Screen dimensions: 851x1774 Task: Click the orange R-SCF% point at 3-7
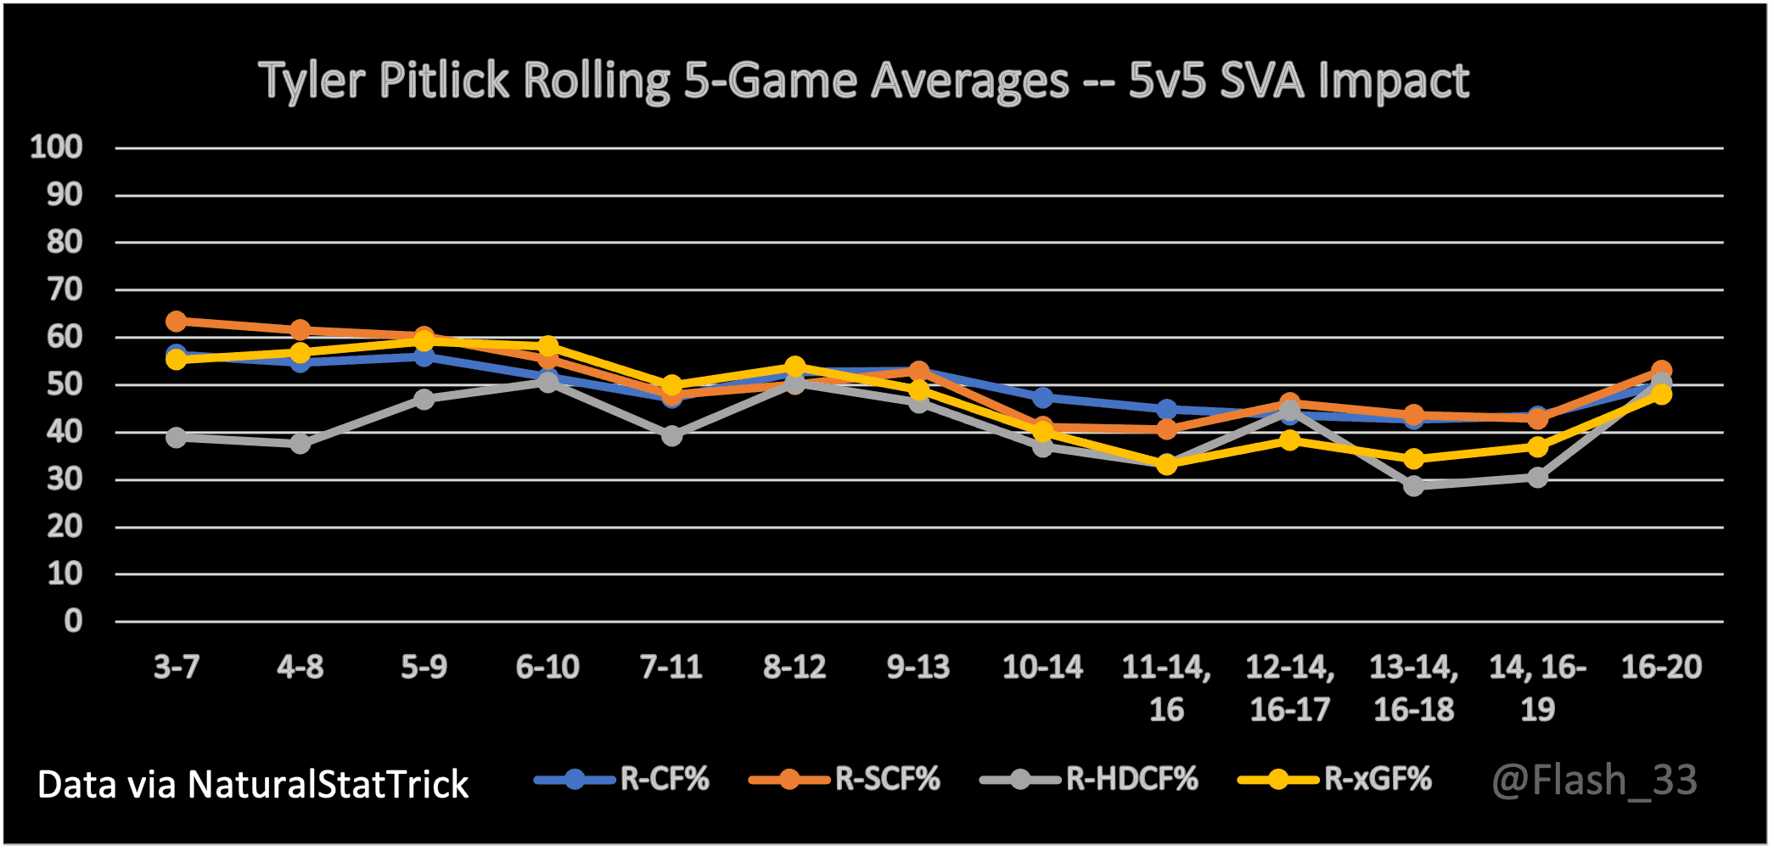tap(176, 322)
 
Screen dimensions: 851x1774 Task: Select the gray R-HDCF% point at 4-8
tap(300, 443)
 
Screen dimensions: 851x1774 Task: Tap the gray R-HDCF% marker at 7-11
tap(671, 435)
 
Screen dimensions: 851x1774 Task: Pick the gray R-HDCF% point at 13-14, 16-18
tap(1413, 485)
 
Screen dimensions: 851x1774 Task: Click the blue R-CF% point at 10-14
tap(1042, 397)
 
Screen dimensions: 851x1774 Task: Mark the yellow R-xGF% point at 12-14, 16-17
tap(1290, 440)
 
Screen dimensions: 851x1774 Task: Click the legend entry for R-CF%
tap(621, 779)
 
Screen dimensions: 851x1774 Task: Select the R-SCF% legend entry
tap(845, 779)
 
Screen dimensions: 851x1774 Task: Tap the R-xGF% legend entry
tap(1335, 779)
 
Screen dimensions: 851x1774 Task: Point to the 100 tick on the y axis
tap(56, 148)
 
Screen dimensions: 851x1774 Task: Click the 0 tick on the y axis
tap(73, 621)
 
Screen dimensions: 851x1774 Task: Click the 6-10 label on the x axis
tap(547, 668)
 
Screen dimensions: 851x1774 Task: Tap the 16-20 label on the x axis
tap(1661, 668)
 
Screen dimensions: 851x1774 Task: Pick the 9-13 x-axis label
tap(918, 668)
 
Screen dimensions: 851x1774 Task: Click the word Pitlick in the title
tap(443, 81)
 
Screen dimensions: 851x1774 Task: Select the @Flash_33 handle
tap(1594, 780)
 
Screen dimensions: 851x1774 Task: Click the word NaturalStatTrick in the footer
tap(328, 785)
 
